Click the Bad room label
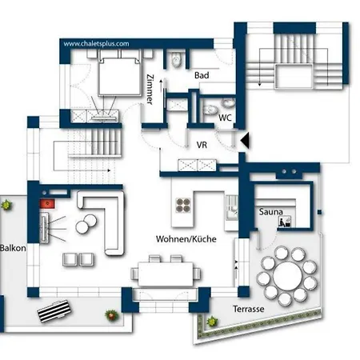[x=202, y=75]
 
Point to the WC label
[x=226, y=118]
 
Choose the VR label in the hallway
[x=202, y=146]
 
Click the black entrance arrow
[x=246, y=141]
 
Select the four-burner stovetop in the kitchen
[x=182, y=204]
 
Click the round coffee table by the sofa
[x=82, y=226]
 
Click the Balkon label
[x=13, y=248]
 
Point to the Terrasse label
[x=249, y=308]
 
